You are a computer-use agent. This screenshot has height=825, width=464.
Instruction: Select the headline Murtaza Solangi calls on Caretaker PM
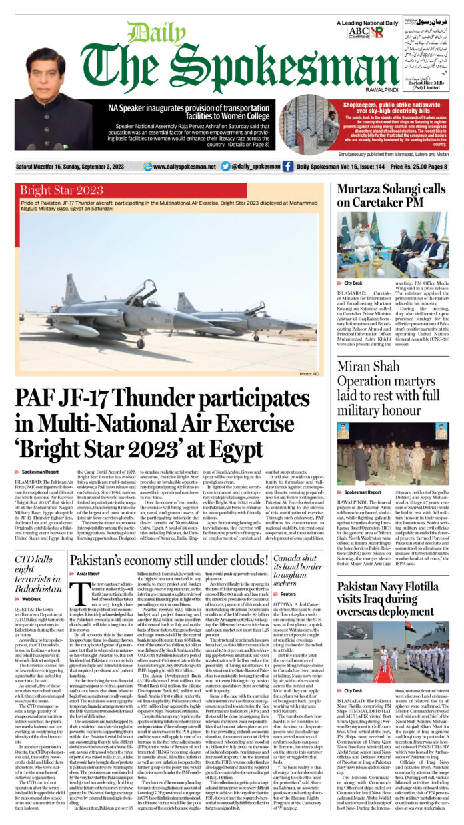click(391, 195)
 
